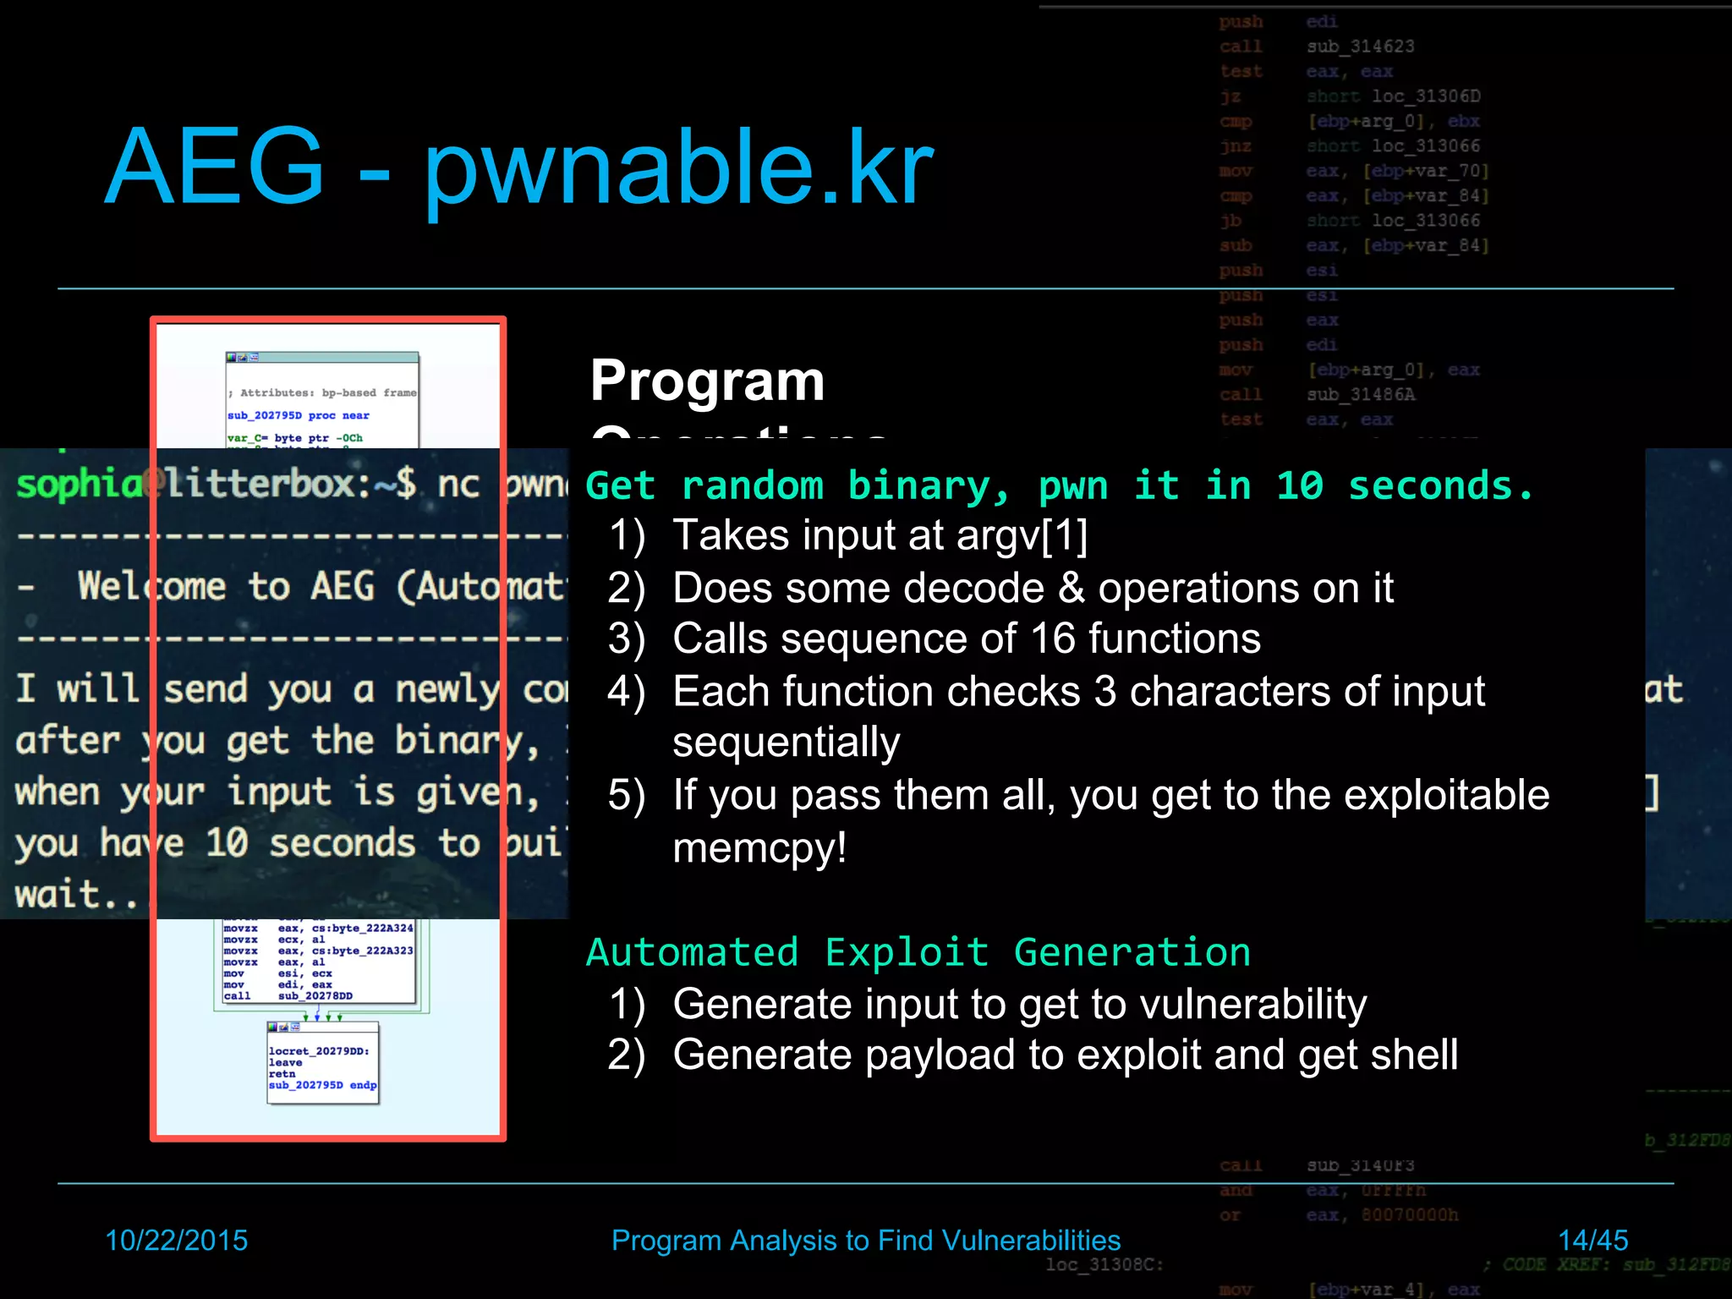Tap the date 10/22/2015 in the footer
(x=176, y=1240)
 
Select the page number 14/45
(x=1592, y=1240)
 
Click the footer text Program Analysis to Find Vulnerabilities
(x=865, y=1240)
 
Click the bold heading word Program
(x=707, y=381)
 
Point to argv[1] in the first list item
(x=1022, y=535)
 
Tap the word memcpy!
(x=759, y=847)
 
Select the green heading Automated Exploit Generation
(x=918, y=952)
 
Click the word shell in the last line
(x=1414, y=1055)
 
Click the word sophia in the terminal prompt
(x=79, y=484)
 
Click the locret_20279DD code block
(x=322, y=1066)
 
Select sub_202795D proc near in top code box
(x=298, y=415)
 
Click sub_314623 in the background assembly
(x=1360, y=47)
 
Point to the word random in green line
(x=752, y=485)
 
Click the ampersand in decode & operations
(x=1071, y=588)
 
